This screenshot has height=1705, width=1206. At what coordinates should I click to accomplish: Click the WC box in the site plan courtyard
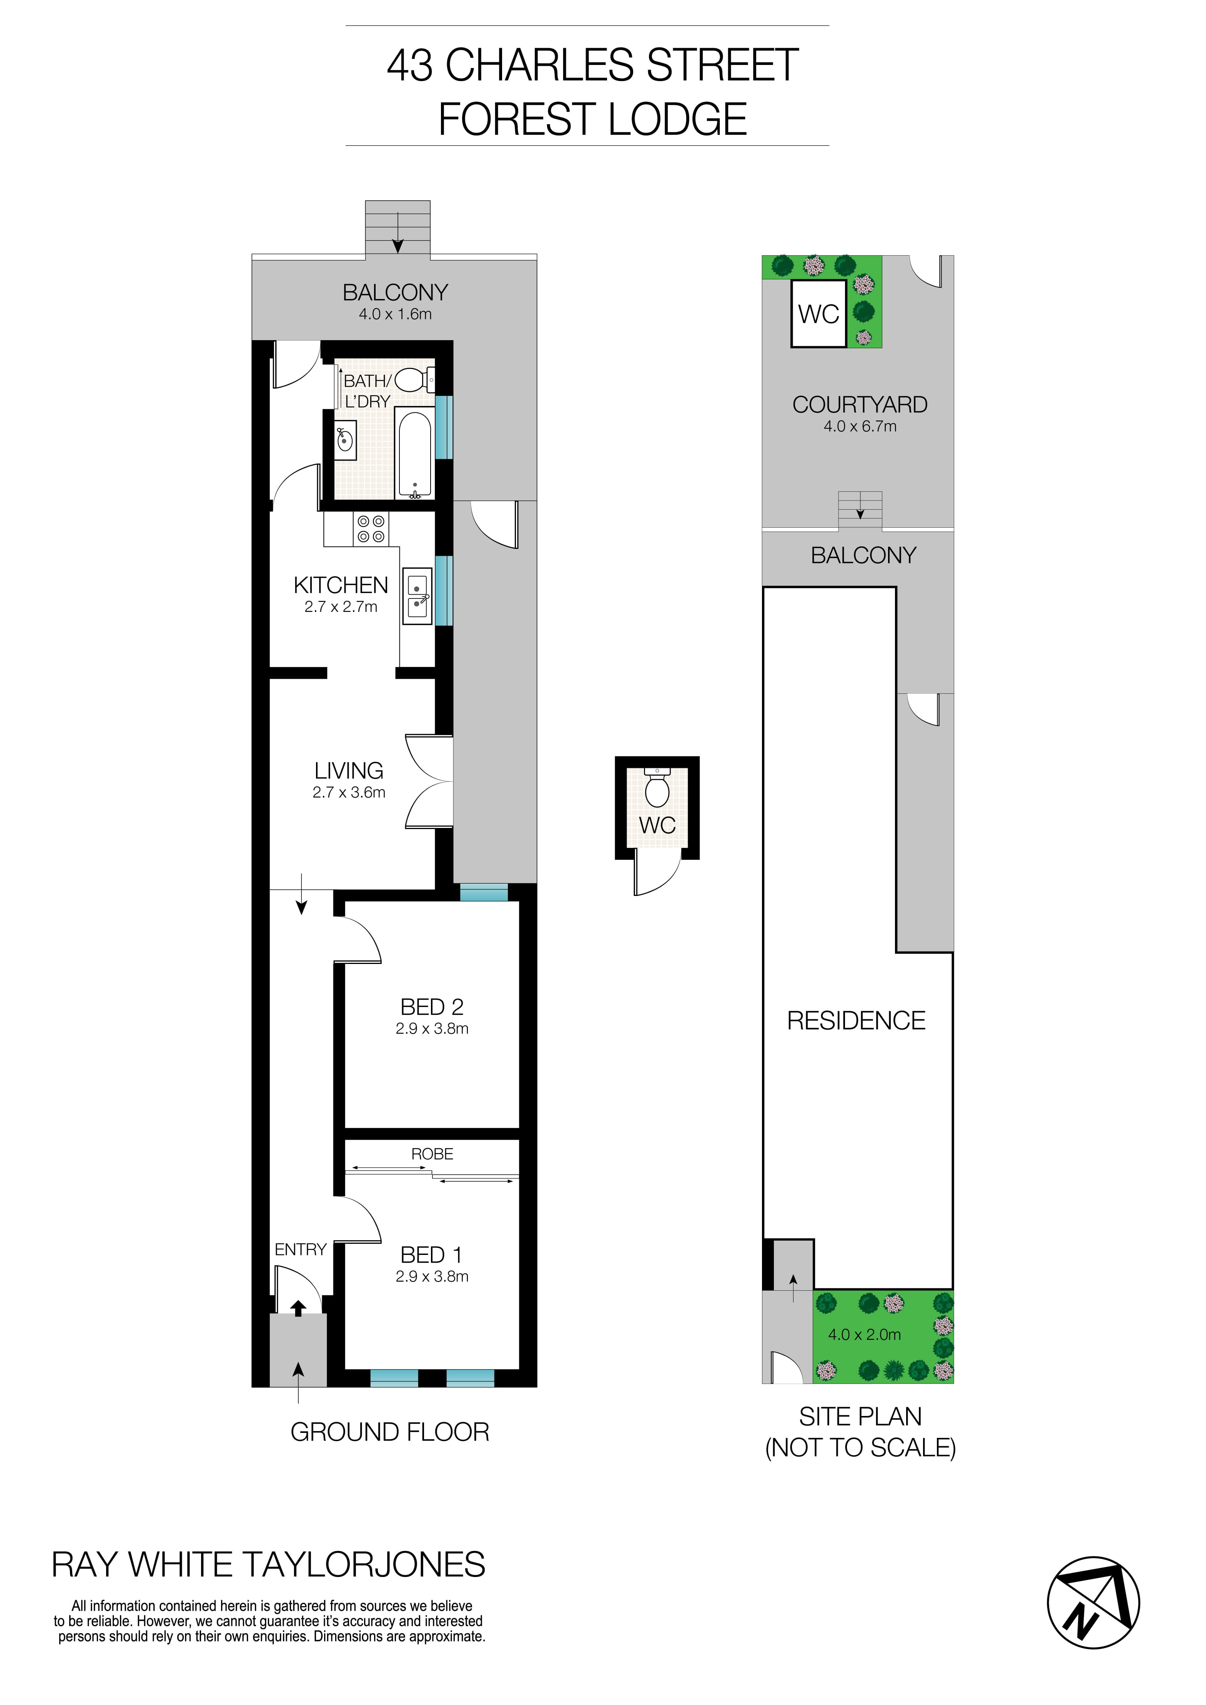tap(818, 313)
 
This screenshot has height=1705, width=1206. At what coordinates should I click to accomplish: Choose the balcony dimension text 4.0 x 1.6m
tap(395, 314)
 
